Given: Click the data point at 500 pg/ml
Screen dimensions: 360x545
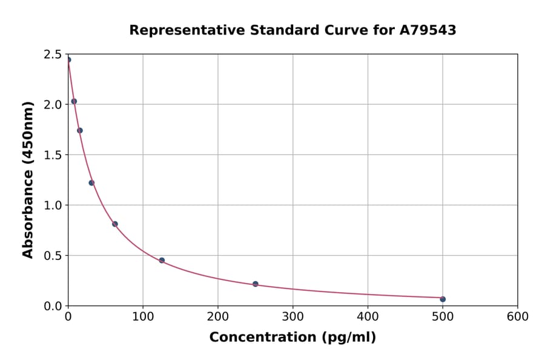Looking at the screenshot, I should click(x=443, y=299).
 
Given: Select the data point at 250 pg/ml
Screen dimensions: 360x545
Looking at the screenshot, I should click(x=256, y=284).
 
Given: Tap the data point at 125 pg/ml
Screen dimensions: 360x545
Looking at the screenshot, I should click(x=162, y=260).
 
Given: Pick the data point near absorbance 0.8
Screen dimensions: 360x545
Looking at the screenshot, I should click(x=115, y=224).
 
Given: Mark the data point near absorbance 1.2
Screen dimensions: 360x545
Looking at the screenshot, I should click(x=91, y=182).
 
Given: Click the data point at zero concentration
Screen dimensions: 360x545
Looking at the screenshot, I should click(x=68, y=59).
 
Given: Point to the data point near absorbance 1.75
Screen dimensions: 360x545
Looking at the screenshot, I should click(x=80, y=130).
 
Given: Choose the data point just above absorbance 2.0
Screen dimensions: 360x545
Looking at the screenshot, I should click(x=74, y=101).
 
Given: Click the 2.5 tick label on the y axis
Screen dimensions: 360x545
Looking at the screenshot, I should click(x=53, y=55).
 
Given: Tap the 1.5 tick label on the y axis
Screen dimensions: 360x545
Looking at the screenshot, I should click(x=53, y=155).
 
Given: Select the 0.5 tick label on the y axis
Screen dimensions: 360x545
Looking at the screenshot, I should click(x=53, y=256).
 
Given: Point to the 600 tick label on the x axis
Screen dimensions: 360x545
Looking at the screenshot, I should click(x=518, y=316).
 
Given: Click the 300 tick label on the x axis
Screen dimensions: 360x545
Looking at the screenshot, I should click(x=293, y=316).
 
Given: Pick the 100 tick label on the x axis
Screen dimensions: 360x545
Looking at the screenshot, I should click(x=143, y=316).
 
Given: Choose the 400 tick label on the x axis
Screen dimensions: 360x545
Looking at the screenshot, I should click(x=368, y=316).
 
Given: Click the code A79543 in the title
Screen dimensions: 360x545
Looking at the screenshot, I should click(x=427, y=30).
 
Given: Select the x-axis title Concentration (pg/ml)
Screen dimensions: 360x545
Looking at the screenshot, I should click(x=292, y=338).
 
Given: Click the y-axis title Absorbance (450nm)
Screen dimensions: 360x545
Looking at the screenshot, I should click(x=28, y=179).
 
